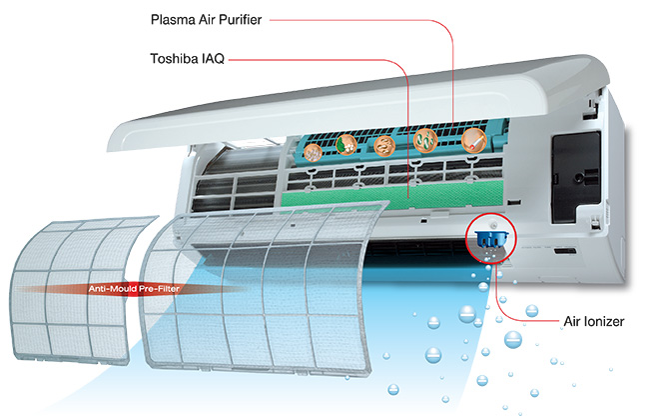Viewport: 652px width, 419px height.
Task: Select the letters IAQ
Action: [x=213, y=59]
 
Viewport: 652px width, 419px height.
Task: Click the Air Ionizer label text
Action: [x=594, y=322]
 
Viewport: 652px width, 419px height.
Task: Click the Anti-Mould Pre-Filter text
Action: [x=134, y=289]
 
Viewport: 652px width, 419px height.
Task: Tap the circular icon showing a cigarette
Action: [x=474, y=141]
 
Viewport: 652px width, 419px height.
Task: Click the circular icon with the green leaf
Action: [x=346, y=145]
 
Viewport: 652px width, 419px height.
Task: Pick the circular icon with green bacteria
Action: [x=425, y=140]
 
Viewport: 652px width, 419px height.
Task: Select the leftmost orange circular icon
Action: [x=314, y=153]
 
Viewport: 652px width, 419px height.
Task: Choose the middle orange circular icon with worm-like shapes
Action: [x=384, y=146]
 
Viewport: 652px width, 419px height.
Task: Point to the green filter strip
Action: [x=393, y=195]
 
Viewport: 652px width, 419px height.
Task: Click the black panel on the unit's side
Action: [x=576, y=178]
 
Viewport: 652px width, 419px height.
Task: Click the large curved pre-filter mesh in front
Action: [x=262, y=292]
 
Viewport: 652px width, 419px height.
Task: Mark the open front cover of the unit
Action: [x=357, y=104]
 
